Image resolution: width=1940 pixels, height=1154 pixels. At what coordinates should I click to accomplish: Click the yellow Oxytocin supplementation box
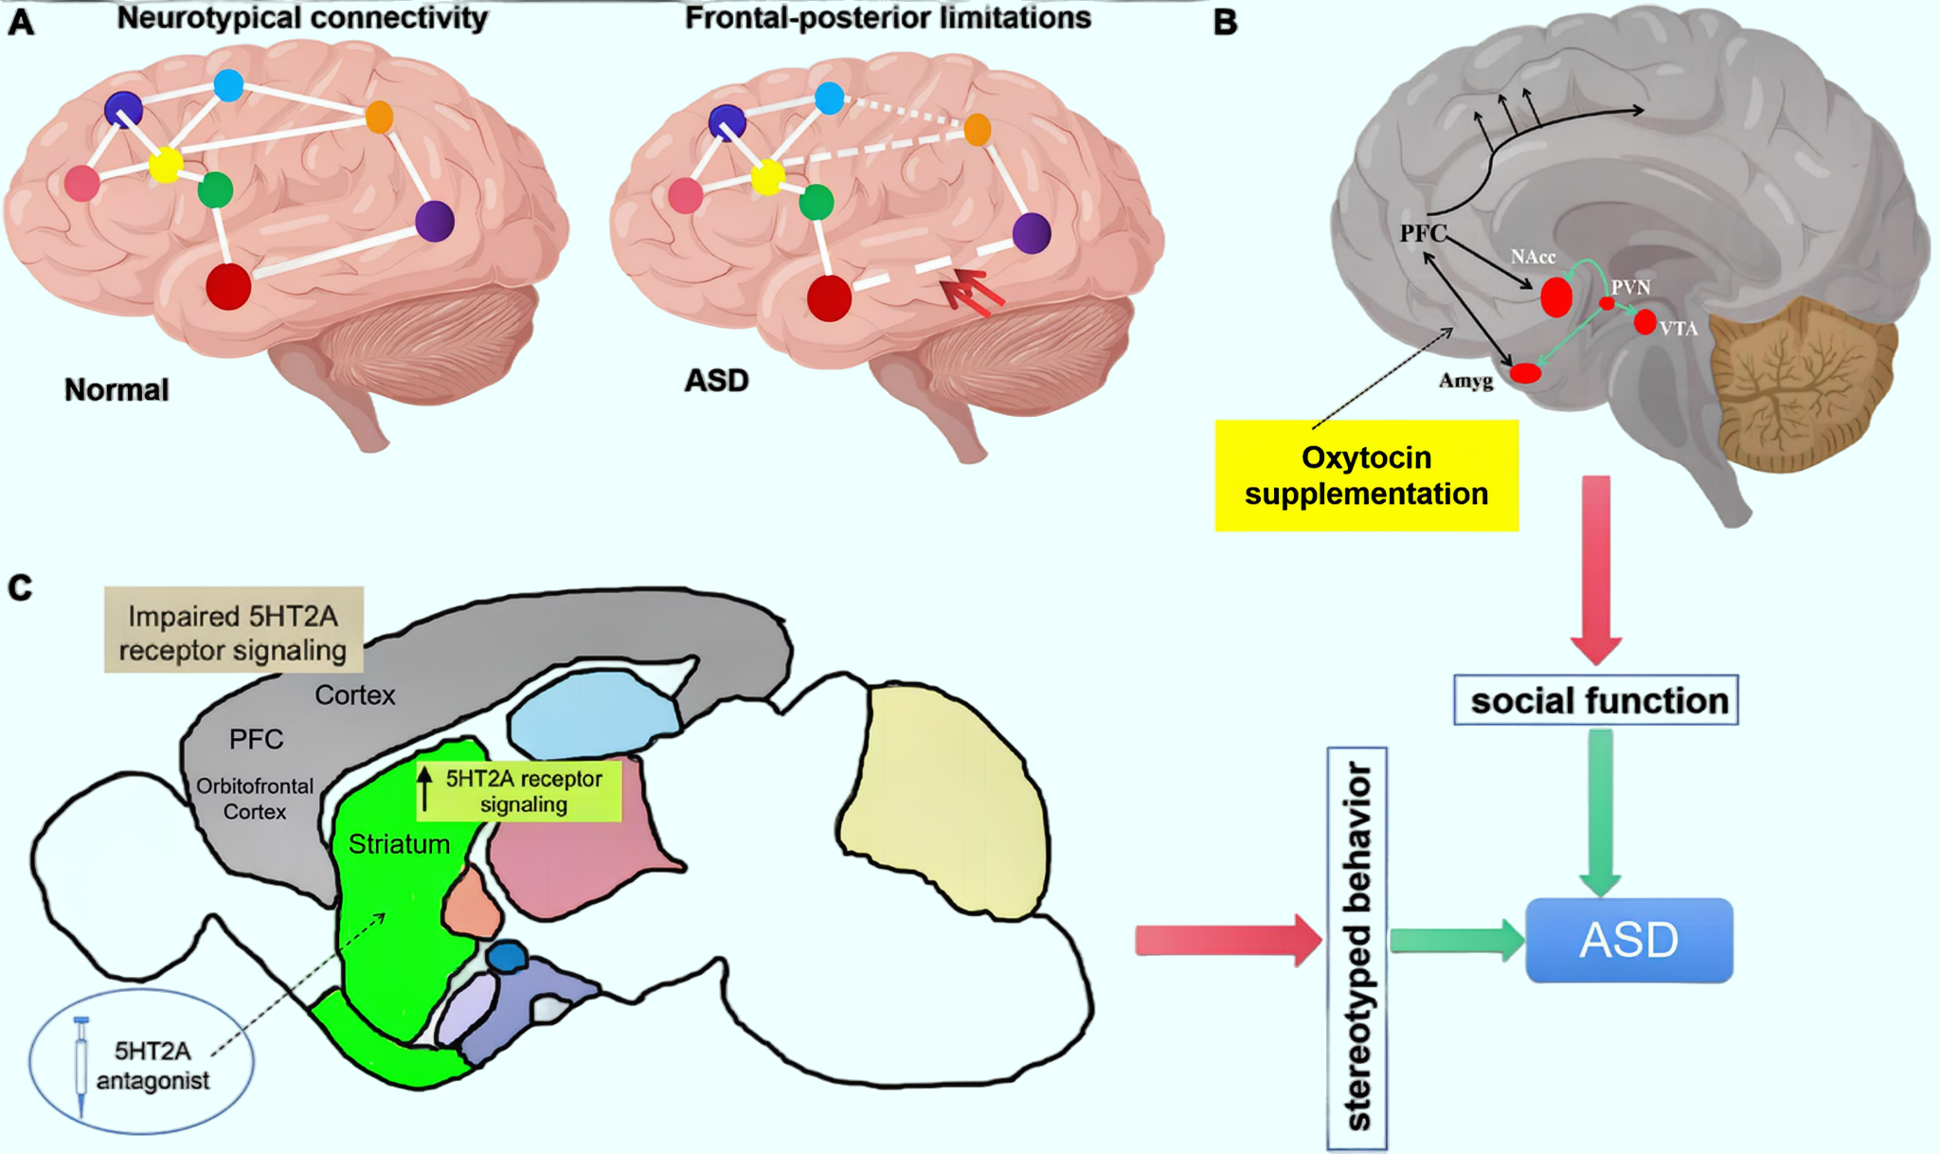1366,476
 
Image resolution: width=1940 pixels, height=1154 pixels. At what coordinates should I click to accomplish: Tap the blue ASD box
1628,940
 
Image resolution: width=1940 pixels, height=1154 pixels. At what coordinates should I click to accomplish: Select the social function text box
1596,700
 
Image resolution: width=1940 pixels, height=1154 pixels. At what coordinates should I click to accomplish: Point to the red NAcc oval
1555,297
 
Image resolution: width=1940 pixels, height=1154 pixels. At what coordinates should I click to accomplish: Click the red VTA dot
1644,322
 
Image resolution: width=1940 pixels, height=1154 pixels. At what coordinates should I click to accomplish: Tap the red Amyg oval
1525,372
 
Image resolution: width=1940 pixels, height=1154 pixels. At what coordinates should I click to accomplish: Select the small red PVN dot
1607,303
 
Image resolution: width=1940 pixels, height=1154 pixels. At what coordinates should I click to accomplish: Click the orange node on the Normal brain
379,117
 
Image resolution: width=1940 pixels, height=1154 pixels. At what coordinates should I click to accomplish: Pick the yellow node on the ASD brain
767,176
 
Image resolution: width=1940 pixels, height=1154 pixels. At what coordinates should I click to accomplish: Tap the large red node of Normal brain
228,285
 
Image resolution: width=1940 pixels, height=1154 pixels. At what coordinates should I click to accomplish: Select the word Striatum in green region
399,844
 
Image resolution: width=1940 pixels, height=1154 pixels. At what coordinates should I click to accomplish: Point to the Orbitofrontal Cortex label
255,799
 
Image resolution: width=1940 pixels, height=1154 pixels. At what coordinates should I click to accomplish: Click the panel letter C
20,588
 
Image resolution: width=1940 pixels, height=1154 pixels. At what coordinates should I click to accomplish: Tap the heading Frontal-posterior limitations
888,18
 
